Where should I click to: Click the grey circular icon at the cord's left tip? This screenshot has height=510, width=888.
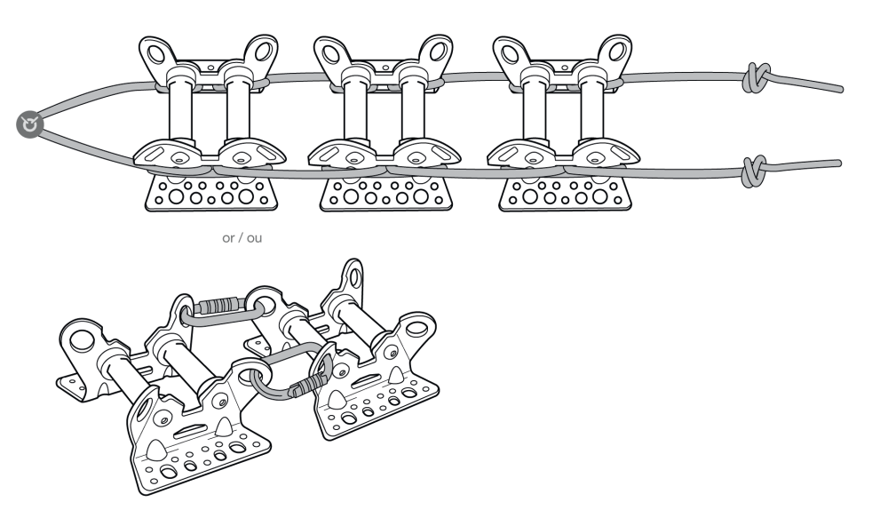click(x=29, y=124)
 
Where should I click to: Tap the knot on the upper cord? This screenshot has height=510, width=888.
click(x=756, y=77)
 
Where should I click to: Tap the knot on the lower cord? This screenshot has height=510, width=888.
click(x=755, y=171)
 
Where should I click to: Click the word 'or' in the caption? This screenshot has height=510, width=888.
click(x=228, y=238)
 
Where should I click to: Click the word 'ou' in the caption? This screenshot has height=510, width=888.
click(x=255, y=238)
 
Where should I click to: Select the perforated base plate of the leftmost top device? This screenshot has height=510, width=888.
click(x=211, y=193)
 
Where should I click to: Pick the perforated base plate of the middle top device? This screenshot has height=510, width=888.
click(x=386, y=193)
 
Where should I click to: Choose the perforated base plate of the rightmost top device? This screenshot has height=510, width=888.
click(x=565, y=193)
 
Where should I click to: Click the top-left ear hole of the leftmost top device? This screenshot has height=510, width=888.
click(x=155, y=55)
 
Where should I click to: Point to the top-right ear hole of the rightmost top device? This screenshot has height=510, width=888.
click(x=617, y=52)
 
